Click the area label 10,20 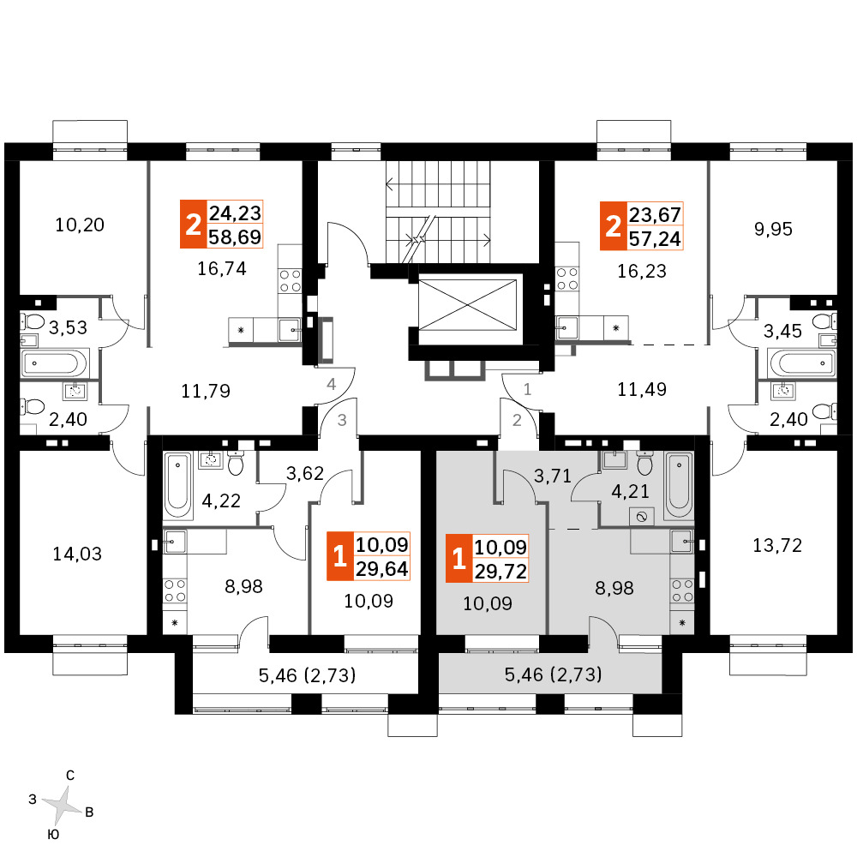(x=80, y=225)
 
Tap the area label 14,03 (x=77, y=554)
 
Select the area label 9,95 (x=773, y=229)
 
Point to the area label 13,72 (x=777, y=545)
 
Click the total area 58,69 (x=235, y=237)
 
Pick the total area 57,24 (x=655, y=238)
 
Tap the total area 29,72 (x=500, y=571)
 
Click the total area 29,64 (x=382, y=569)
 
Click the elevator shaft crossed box (x=467, y=305)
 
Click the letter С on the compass (x=70, y=775)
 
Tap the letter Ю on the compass (x=53, y=834)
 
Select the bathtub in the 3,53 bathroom (x=53, y=363)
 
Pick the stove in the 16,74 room (x=291, y=280)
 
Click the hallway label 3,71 (x=553, y=476)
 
